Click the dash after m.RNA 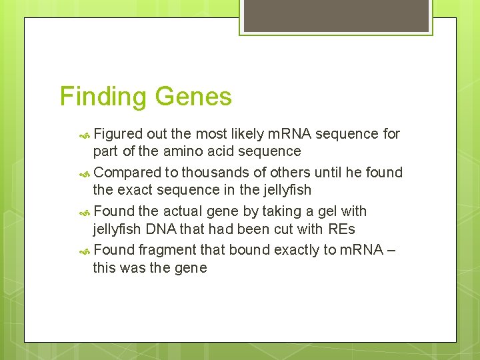[x=390, y=250]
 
